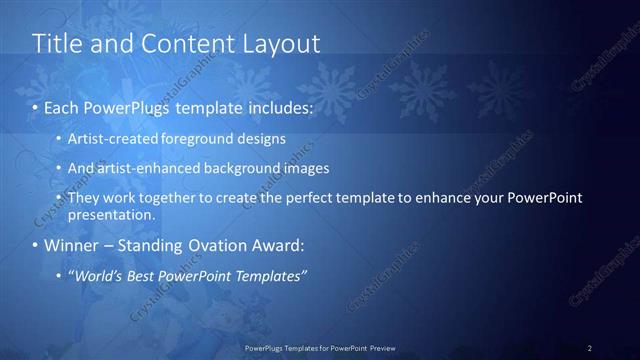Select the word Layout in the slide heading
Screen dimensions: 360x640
(x=283, y=44)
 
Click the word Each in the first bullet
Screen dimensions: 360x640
(x=62, y=106)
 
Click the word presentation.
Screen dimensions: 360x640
(x=111, y=214)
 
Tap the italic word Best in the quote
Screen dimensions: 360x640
(x=147, y=275)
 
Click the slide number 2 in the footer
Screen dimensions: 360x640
(x=589, y=348)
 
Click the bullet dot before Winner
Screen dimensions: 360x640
(x=36, y=245)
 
